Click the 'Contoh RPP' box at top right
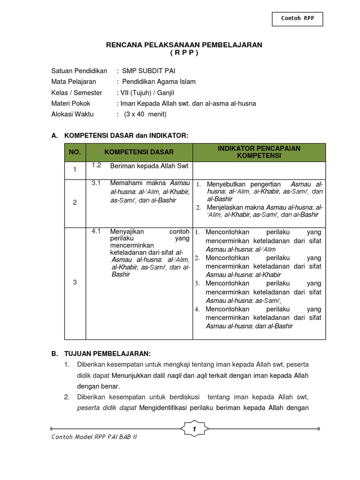[x=297, y=19]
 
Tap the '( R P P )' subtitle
[x=184, y=52]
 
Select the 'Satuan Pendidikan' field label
[x=79, y=71]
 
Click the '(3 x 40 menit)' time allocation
[x=145, y=114]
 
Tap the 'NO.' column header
[x=75, y=152]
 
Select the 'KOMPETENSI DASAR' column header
[x=139, y=152]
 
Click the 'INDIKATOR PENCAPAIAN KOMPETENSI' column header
[x=259, y=152]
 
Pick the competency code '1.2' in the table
[x=97, y=165]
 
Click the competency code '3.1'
[x=97, y=183]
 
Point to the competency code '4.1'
[x=97, y=231]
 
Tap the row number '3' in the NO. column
[x=75, y=282]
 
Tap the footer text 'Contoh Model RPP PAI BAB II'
[x=94, y=437]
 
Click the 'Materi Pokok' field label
[x=71, y=103]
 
